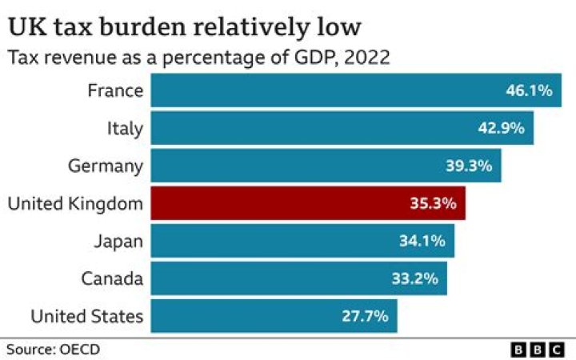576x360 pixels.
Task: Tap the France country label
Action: (115, 90)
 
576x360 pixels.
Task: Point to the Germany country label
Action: (106, 166)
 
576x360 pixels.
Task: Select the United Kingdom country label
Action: (75, 203)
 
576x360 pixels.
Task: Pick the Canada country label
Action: (112, 278)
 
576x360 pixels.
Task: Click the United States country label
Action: (87, 316)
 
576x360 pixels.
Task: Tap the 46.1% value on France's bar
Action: (529, 90)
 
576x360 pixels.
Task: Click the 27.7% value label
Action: (365, 316)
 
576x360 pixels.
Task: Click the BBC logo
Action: (538, 350)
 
